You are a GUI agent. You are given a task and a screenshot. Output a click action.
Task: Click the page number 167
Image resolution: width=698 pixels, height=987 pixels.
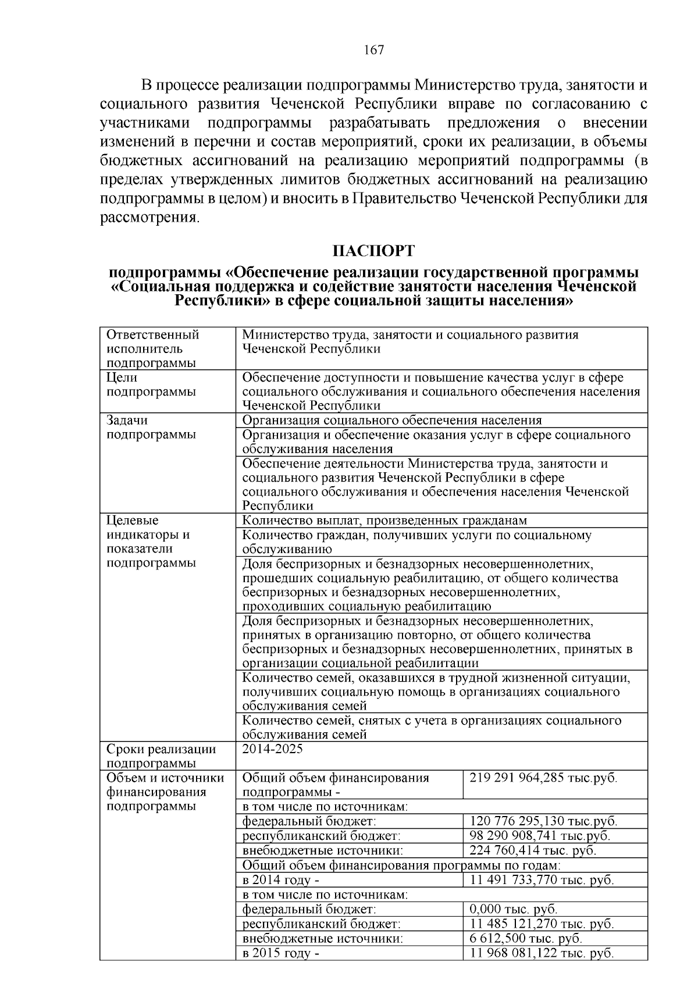click(x=373, y=50)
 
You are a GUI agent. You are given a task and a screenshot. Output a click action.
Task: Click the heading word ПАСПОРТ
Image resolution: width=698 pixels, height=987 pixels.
click(x=373, y=251)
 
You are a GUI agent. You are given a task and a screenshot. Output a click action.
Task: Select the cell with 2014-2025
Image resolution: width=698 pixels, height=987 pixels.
click(x=272, y=749)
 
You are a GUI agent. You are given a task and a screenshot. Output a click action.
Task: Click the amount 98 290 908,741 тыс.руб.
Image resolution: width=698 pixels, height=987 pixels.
click(x=540, y=836)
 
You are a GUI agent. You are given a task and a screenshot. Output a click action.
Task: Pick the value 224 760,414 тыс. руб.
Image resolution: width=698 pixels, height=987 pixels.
click(x=533, y=850)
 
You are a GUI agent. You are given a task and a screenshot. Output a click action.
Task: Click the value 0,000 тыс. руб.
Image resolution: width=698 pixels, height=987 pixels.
click(x=513, y=909)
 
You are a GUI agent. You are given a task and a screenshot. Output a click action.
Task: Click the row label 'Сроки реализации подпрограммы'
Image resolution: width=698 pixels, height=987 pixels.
click(x=161, y=756)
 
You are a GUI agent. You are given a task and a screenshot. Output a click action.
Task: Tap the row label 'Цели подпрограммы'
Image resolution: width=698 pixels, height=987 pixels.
click(x=151, y=384)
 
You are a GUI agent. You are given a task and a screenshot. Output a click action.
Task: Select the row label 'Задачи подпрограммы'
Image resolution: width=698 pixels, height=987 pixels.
click(x=151, y=427)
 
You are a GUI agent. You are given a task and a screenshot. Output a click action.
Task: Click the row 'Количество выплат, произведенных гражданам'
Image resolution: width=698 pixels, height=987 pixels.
click(x=384, y=521)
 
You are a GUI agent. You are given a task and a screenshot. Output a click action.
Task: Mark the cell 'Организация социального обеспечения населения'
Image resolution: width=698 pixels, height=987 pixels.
click(x=391, y=421)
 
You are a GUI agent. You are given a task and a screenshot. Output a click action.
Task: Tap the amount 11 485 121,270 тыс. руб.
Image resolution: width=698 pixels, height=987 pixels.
click(x=542, y=924)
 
